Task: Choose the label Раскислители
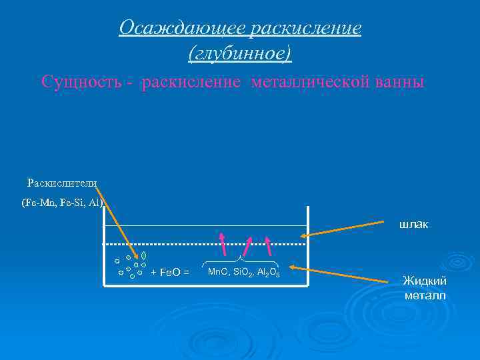point(62,183)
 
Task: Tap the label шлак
point(414,225)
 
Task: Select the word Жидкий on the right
point(424,281)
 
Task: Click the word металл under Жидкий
point(424,295)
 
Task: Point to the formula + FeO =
point(170,272)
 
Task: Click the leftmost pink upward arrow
point(223,244)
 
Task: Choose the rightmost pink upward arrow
point(269,245)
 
